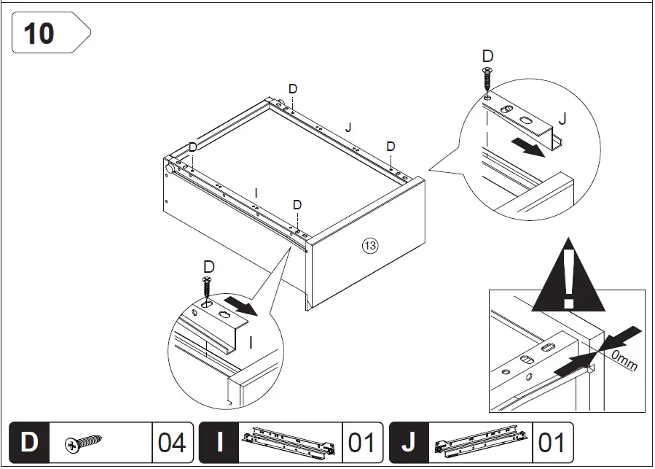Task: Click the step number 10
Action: (x=39, y=34)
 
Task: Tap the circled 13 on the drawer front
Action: (x=370, y=246)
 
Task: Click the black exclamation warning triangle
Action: (x=568, y=275)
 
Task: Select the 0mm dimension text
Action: (x=623, y=359)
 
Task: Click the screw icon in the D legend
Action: (x=83, y=443)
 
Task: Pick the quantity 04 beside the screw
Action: (x=172, y=443)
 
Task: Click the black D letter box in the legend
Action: (x=29, y=443)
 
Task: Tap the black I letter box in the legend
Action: (x=219, y=443)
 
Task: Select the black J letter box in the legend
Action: (x=410, y=443)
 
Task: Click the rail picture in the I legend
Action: (x=290, y=443)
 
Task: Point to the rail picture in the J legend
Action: (x=481, y=443)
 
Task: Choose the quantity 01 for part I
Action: (x=362, y=443)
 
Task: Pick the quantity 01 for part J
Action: (x=553, y=443)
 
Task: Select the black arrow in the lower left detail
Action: (x=241, y=306)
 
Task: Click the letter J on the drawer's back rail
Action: (x=348, y=128)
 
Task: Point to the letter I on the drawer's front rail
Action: (x=256, y=193)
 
